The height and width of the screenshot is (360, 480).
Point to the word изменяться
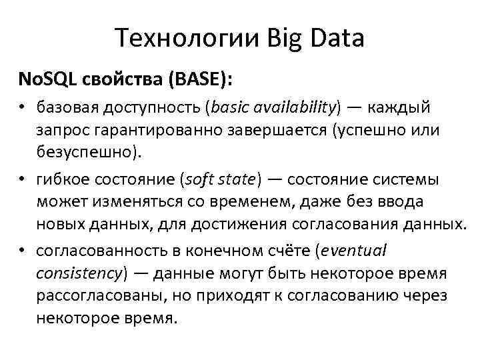click(x=131, y=201)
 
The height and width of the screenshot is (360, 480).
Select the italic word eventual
click(x=354, y=251)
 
